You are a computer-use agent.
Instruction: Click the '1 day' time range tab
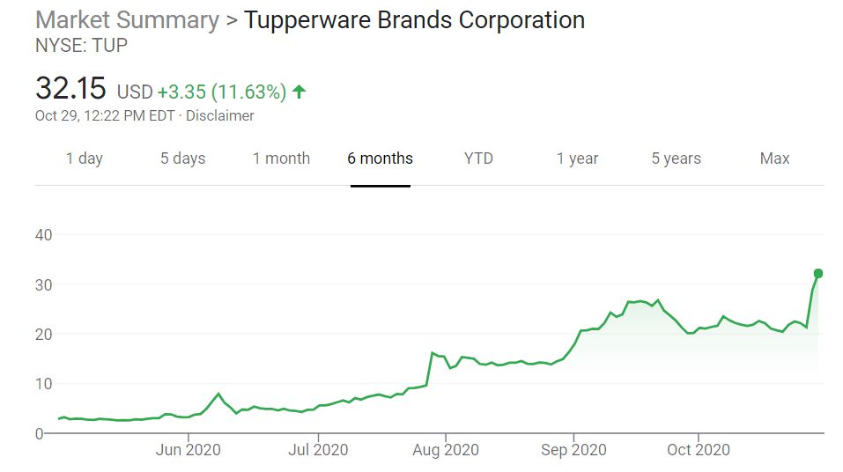[x=85, y=159]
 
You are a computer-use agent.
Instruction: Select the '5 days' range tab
[x=182, y=159]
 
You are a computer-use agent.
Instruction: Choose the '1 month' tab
[x=281, y=159]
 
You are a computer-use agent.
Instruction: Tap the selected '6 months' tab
[x=380, y=159]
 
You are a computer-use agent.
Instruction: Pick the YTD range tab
[x=478, y=159]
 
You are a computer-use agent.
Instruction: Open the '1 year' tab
[x=577, y=159]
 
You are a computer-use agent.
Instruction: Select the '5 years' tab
[x=676, y=159]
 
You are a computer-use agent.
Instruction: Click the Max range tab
[x=774, y=159]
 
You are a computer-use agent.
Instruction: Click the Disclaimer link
[x=221, y=115]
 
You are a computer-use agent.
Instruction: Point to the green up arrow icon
[x=299, y=91]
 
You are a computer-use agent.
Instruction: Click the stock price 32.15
[x=70, y=89]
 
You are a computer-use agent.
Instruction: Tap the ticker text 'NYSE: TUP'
[x=81, y=45]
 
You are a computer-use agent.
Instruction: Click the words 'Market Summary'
[x=127, y=19]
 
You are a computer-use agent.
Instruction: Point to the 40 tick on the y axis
[x=44, y=235]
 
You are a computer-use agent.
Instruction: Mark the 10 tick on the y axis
[x=44, y=384]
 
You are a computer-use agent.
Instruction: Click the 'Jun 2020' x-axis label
[x=188, y=449]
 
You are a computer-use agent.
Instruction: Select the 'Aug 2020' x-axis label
[x=446, y=449]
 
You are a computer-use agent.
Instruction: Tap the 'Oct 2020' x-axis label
[x=698, y=449]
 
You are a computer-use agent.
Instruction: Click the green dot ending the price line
[x=818, y=274]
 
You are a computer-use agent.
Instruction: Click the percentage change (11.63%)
[x=248, y=91]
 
